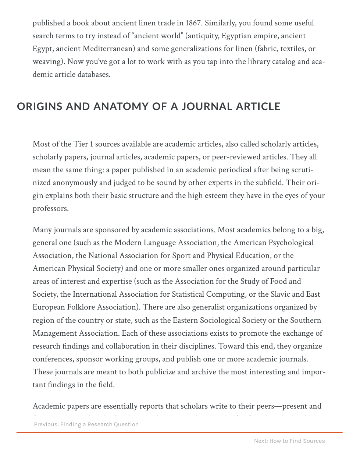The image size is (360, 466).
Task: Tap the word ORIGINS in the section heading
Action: (40, 106)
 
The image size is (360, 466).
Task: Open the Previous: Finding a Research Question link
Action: (86, 424)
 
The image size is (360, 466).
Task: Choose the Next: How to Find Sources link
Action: (289, 441)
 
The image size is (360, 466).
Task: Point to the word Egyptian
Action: (236, 36)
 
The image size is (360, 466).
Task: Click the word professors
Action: (50, 208)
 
